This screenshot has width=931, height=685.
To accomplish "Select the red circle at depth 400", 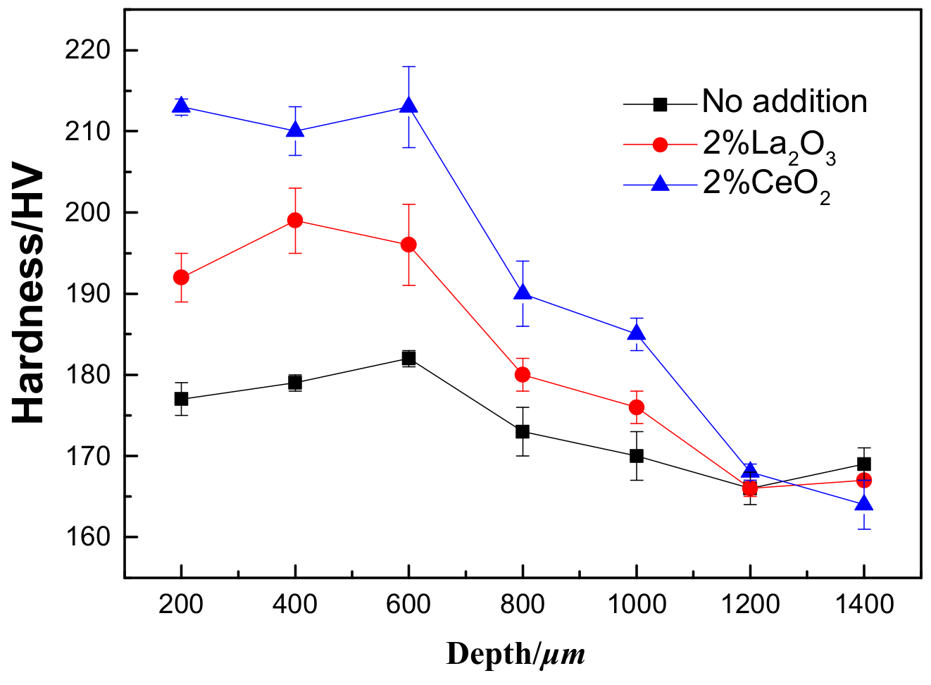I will [x=295, y=221].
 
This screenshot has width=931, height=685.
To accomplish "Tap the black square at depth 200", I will [x=181, y=399].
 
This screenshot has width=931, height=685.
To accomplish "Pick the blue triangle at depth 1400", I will [x=863, y=505].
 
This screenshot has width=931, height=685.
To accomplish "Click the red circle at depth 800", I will [x=523, y=374].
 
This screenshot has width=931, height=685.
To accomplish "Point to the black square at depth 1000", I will [x=637, y=456].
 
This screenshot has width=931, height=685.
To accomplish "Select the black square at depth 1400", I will [x=863, y=464].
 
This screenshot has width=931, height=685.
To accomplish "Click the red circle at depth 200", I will [x=181, y=277].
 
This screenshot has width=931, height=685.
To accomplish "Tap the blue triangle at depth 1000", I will [x=637, y=333].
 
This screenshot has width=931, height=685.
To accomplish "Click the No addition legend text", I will [x=785, y=102].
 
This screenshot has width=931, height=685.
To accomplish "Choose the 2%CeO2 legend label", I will [x=766, y=186].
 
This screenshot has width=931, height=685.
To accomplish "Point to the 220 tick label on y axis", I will [x=87, y=51].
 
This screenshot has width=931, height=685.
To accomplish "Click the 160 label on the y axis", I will [x=87, y=537].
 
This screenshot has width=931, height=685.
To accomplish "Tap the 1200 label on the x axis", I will [x=750, y=605].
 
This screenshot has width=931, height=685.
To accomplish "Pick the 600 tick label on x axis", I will [x=408, y=605].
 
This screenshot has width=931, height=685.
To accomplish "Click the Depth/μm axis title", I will [x=516, y=655].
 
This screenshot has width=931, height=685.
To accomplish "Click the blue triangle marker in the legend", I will [x=660, y=185].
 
